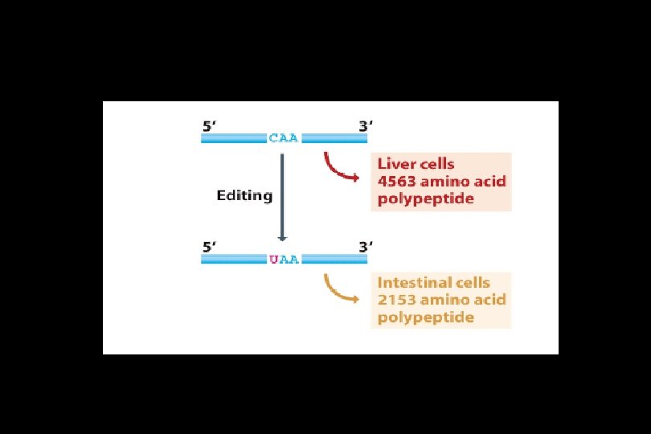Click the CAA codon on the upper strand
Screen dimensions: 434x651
point(284,137)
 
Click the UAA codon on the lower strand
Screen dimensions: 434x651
point(284,259)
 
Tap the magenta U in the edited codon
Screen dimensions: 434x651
point(274,259)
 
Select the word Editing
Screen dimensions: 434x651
point(244,195)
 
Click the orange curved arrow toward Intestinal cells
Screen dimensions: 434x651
point(339,289)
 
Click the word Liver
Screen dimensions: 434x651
point(395,163)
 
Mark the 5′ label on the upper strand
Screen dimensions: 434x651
point(209,125)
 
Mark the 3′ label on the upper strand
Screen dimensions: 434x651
point(365,125)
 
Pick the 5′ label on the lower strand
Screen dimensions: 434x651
point(209,247)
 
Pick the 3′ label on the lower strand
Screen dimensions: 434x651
point(365,247)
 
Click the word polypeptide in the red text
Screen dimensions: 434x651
point(425,199)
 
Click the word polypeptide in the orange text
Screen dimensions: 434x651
point(425,317)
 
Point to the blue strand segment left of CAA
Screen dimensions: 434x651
point(233,137)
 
